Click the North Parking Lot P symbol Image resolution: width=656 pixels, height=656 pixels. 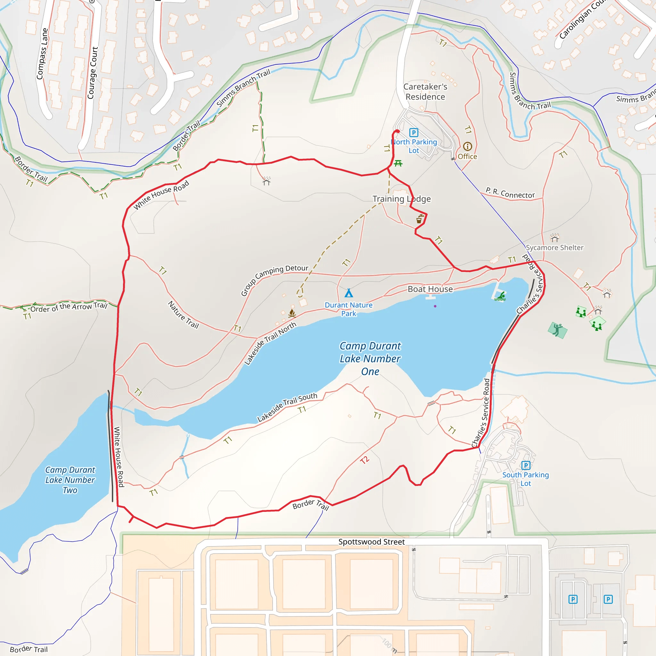(x=413, y=132)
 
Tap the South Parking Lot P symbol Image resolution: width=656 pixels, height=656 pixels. (x=526, y=465)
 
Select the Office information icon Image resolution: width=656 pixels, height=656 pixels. (x=468, y=146)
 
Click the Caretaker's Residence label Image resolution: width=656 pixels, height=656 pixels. (x=425, y=92)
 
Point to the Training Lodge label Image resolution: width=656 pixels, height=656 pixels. (x=401, y=199)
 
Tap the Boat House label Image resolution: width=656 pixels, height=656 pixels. (x=430, y=289)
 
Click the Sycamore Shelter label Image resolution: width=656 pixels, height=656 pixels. (x=554, y=248)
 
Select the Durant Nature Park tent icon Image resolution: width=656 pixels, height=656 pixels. (x=349, y=293)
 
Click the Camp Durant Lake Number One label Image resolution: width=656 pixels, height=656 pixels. (x=370, y=358)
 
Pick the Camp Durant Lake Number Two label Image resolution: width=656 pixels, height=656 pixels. (x=70, y=480)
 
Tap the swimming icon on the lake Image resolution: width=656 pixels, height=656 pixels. (x=500, y=297)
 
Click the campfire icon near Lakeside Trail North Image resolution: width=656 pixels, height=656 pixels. (x=292, y=313)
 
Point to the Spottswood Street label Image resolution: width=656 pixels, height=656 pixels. (x=372, y=542)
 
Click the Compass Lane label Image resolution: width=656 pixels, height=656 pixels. (x=43, y=53)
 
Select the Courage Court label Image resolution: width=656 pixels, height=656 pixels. (x=92, y=73)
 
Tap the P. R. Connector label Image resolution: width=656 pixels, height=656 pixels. (x=510, y=193)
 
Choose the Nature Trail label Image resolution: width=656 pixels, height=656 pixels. (x=183, y=315)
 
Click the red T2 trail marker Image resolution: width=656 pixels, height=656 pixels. (x=364, y=460)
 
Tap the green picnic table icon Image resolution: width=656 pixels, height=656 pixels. (x=398, y=164)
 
